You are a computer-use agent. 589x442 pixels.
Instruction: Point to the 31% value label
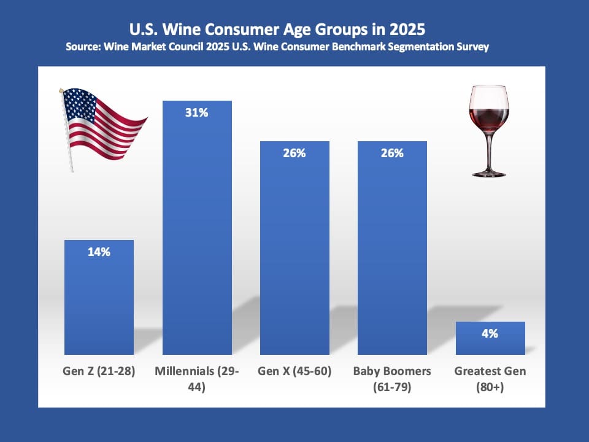pos(196,113)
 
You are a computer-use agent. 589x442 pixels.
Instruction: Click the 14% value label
pos(99,252)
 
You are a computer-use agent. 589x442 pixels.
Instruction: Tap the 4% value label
pos(490,334)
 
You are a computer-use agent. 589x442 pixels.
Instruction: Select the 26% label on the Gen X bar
pos(294,153)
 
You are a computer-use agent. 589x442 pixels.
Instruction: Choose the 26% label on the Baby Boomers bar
pos(392,153)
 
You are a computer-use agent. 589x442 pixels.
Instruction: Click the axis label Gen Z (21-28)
pos(99,371)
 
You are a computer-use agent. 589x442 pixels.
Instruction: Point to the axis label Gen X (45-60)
pos(294,371)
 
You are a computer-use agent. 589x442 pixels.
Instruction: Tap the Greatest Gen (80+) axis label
pos(490,379)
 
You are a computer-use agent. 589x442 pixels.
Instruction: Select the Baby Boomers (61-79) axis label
pos(392,379)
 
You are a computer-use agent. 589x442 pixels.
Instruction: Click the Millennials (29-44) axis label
pos(196,379)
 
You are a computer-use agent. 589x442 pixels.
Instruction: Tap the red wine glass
pos(489,117)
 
